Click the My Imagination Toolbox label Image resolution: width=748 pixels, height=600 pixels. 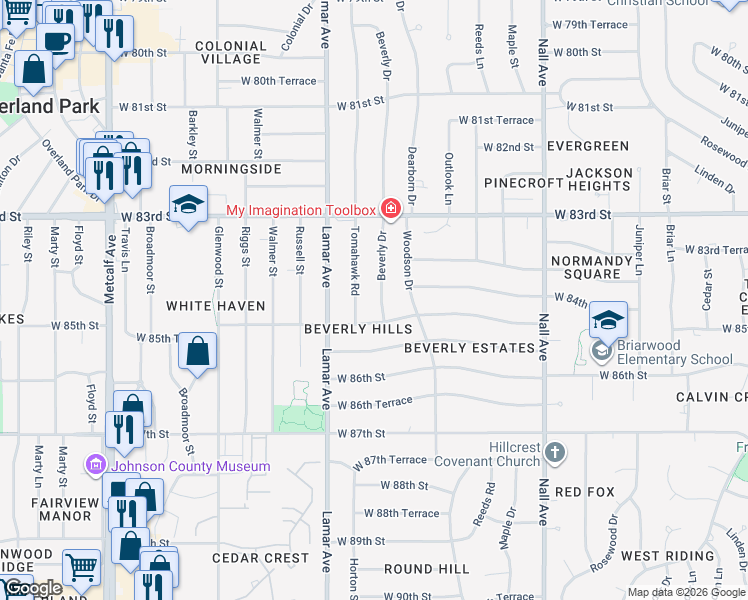[x=300, y=210]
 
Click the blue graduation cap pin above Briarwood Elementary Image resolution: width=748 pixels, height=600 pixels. [x=608, y=320]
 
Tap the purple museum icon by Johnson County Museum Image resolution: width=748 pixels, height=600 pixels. [x=96, y=465]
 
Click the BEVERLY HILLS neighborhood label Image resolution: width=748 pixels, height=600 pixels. [x=358, y=329]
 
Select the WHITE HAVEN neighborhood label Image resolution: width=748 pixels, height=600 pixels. [x=216, y=306]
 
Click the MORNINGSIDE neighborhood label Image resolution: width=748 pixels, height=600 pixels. [x=239, y=170]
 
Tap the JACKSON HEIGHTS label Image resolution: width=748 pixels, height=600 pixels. [x=600, y=180]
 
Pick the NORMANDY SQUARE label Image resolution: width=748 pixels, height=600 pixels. [x=591, y=268]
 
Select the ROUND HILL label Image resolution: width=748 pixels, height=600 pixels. [x=426, y=569]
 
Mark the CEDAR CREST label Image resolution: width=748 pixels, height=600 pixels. [x=260, y=558]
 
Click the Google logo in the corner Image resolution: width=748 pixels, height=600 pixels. [x=33, y=588]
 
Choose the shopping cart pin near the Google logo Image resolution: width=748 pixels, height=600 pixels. [x=81, y=568]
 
